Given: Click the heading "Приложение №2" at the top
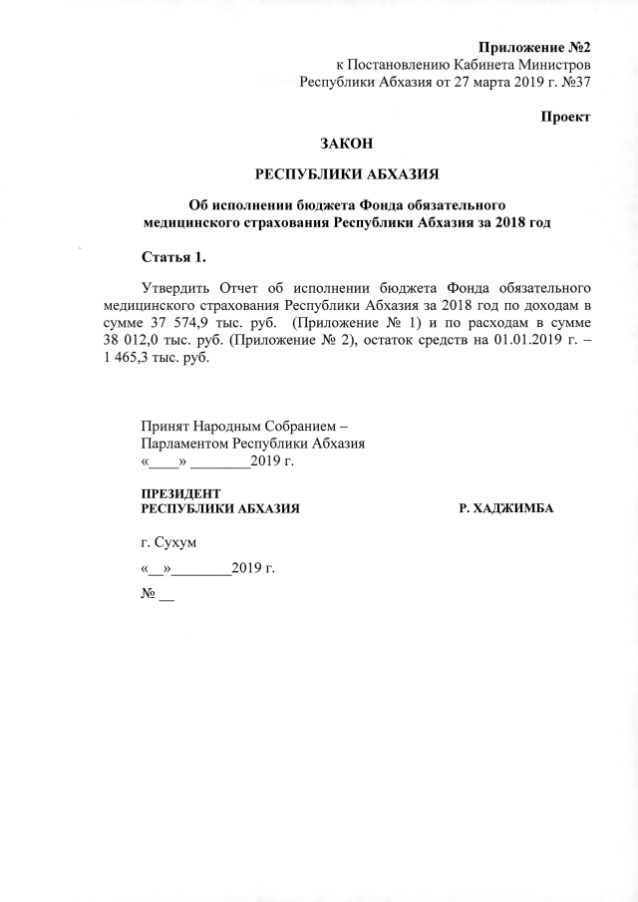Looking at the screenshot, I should (535, 47).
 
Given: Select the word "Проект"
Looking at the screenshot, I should (565, 117).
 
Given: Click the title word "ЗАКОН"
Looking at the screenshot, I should (348, 146).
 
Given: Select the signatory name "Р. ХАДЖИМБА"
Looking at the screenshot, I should (505, 509).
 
